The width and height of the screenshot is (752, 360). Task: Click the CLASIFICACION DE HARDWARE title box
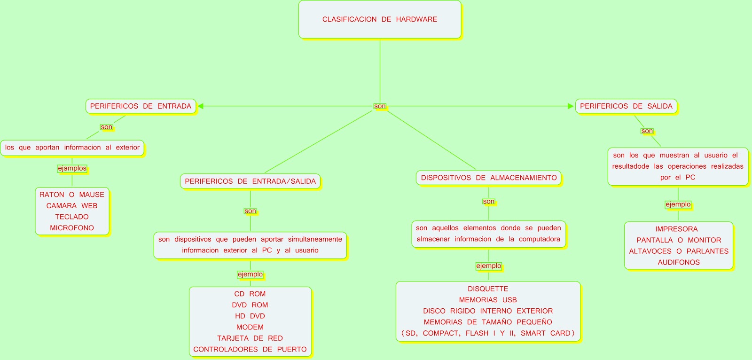pos(380,19)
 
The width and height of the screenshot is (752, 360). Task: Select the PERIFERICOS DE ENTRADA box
pos(141,106)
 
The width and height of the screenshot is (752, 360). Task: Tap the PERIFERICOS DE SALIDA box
pos(626,106)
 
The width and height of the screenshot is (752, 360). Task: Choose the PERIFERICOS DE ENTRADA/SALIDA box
pos(250,181)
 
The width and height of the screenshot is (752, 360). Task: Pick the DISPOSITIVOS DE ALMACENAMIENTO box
pos(489,178)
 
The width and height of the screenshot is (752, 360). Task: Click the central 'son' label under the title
pos(380,106)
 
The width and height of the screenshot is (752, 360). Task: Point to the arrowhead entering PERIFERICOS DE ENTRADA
pos(201,106)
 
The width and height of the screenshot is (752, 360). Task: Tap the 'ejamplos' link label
pos(72,168)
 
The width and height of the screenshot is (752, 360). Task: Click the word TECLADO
pos(72,217)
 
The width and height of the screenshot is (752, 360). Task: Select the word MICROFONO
pos(72,228)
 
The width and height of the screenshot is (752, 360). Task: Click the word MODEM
pos(250,327)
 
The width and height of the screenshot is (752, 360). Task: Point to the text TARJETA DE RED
pos(250,338)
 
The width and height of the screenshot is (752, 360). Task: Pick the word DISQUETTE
pos(488,289)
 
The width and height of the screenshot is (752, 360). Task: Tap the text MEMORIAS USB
pos(488,300)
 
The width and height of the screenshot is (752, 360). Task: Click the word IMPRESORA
pos(676,229)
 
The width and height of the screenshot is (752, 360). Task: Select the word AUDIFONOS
pos(679,262)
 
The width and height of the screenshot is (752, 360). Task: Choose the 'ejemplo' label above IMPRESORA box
pos(678,204)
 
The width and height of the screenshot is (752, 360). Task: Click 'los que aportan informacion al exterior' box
pos(72,148)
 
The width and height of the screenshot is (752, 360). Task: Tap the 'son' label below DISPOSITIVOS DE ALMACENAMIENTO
pos(489,202)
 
